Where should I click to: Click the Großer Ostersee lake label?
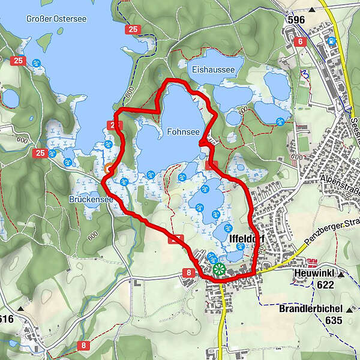[56, 19]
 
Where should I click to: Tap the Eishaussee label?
[214, 70]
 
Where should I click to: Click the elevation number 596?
[296, 20]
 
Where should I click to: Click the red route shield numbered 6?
[300, 41]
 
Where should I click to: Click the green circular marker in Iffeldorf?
[219, 269]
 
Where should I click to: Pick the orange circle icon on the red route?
[108, 169]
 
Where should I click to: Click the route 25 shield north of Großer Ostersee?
[132, 29]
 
